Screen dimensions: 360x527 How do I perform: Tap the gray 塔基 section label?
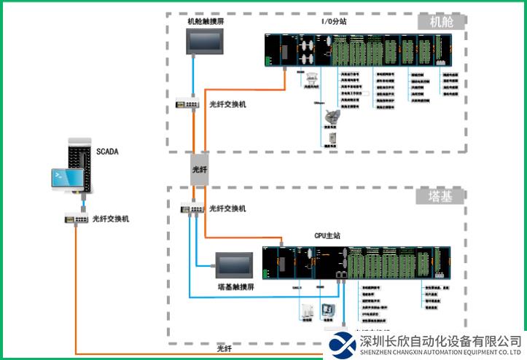coord(442,196)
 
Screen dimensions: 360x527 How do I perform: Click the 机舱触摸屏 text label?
coord(205,21)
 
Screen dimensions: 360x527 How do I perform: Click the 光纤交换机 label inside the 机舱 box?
coord(227,104)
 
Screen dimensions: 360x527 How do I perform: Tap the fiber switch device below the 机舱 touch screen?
coord(187,103)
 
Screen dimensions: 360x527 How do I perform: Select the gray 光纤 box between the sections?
coord(200,168)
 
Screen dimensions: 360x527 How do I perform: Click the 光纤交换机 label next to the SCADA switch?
coord(112,218)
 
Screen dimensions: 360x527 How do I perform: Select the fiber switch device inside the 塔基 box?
coord(192,208)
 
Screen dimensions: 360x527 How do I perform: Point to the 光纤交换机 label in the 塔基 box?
coord(227,208)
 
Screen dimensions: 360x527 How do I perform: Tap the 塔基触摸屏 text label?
coord(235,287)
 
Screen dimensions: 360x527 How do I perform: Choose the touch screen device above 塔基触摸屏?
coord(234,265)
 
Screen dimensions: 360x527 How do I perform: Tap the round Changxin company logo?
coord(342,345)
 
